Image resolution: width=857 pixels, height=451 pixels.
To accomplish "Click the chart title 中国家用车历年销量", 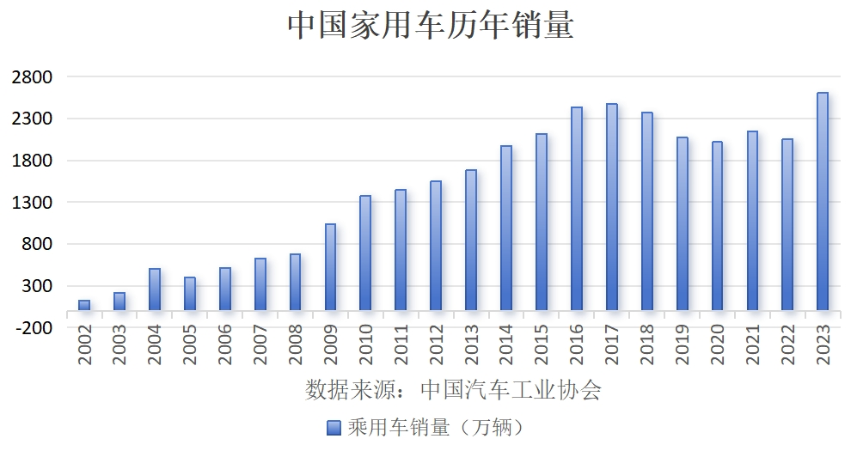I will (429, 26).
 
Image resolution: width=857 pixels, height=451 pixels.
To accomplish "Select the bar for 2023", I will (823, 202).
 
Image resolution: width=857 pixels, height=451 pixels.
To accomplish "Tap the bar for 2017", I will (611, 207).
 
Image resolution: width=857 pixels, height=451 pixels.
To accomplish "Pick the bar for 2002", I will (84, 305).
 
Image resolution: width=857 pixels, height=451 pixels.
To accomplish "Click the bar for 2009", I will (330, 267).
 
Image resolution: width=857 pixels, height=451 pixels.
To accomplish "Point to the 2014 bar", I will (506, 229).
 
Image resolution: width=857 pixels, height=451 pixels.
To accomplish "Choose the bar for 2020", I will (717, 226).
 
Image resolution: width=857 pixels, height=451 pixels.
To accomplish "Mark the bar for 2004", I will (155, 289).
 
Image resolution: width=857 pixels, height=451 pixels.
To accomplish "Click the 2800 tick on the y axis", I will (33, 76).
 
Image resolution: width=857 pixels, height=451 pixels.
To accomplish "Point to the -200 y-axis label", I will (33, 327).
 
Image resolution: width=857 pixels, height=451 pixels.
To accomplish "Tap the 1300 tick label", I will (33, 202).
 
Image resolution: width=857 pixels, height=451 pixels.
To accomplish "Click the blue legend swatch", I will (334, 427).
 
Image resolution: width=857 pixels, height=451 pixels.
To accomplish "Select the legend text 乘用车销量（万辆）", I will (435, 427).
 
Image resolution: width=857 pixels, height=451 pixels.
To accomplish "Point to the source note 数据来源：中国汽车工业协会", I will (453, 390).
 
